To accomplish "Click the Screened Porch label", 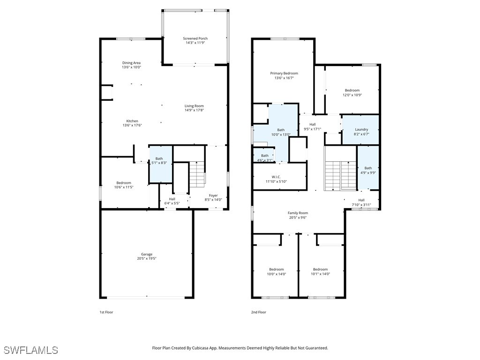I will coord(195,38).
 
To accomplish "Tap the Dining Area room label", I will coord(131,63).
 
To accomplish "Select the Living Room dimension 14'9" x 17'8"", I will coord(194,110).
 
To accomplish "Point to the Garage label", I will coord(147,254).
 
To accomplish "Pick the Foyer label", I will coord(213,195).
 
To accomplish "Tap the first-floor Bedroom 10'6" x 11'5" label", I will coord(124,183).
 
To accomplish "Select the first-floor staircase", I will coord(197,173).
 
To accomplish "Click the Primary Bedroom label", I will coord(284,73).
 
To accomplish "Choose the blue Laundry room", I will coord(361,130).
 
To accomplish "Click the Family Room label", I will coord(298,213).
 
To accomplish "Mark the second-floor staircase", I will coord(341,175).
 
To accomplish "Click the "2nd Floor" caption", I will coord(259,312).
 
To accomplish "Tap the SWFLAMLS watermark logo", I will coord(31,350).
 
